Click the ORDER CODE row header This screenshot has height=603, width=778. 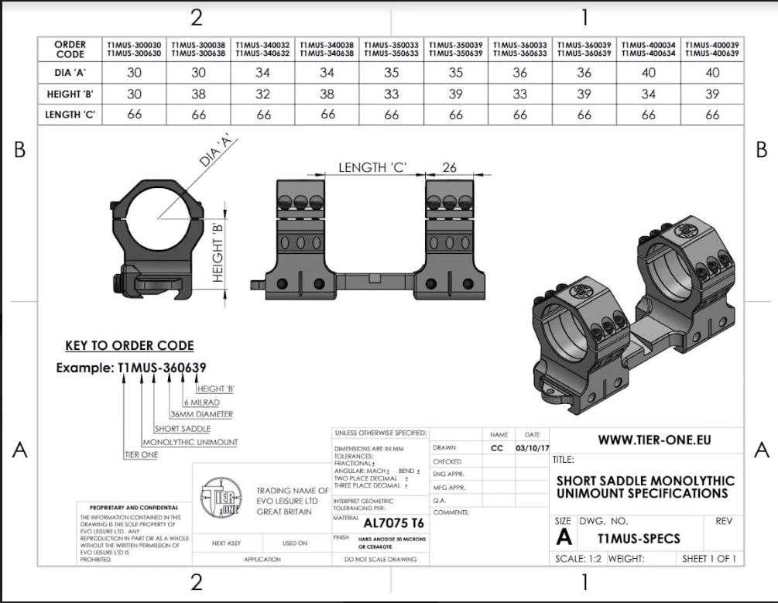pos(70,49)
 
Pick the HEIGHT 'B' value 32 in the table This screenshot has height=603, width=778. pos(263,94)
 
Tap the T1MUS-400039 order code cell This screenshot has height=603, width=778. pos(712,49)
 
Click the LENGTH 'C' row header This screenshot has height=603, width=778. pos(70,115)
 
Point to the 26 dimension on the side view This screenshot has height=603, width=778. pos(449,168)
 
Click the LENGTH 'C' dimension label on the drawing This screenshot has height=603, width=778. pos(372,168)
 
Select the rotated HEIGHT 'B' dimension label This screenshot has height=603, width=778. pos(218,252)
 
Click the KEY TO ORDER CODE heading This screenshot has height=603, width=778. pos(129,346)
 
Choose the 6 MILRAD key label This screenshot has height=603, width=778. pos(204,402)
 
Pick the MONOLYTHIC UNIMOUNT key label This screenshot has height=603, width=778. pos(190,442)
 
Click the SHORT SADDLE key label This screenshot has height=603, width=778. pos(182,428)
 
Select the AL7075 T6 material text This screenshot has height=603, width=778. pos(393,522)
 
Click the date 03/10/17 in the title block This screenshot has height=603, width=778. pos(532,447)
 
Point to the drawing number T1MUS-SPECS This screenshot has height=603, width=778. pos(639,538)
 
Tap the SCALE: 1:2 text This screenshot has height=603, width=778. pos(579,558)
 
